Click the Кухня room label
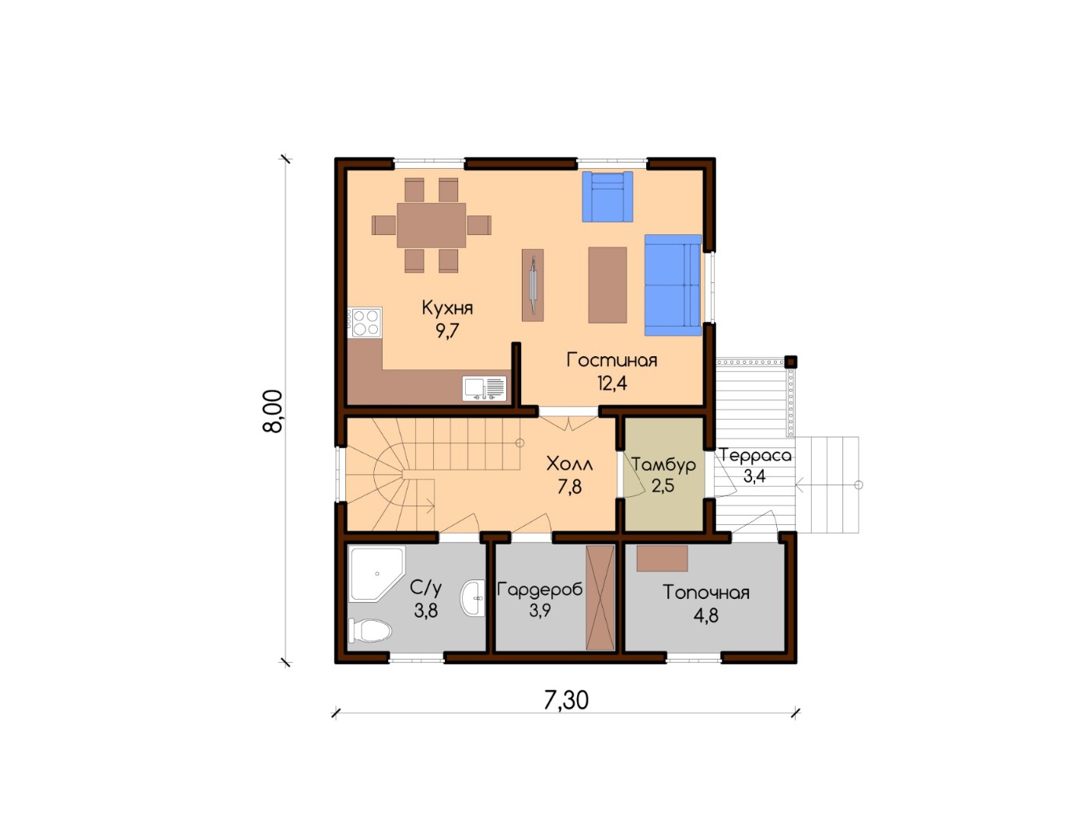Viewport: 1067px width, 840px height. [447, 309]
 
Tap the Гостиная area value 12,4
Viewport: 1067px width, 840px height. [612, 383]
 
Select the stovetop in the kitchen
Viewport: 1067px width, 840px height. [365, 322]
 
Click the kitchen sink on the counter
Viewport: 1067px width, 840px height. [485, 388]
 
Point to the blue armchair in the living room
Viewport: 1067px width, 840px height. [607, 196]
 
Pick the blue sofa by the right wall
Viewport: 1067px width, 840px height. [673, 285]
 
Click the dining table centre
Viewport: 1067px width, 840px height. [431, 225]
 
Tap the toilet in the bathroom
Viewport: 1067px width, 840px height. [369, 630]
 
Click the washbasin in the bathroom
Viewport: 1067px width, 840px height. [473, 598]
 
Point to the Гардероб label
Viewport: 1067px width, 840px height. [540, 589]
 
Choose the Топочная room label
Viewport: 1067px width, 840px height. [705, 593]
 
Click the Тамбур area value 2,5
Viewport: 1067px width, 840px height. [663, 486]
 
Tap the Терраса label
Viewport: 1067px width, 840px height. [755, 455]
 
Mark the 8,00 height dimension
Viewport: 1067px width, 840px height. [273, 411]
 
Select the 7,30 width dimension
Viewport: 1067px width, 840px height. [566, 700]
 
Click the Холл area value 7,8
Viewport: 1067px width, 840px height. [569, 487]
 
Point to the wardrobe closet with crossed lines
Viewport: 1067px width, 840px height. [600, 597]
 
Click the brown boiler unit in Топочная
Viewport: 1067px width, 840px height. [662, 558]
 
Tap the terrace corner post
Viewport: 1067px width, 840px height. [790, 362]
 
